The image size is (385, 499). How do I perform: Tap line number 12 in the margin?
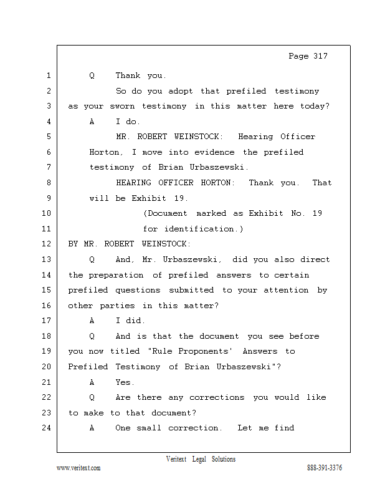pos(48,244)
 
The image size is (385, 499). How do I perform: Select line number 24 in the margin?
pos(48,428)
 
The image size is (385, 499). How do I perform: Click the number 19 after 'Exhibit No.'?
pos(317,213)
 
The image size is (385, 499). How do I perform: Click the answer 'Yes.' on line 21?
pos(124,382)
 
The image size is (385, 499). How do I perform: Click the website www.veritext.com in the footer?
pos(78,468)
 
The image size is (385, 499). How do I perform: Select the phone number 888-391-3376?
pos(324,468)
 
